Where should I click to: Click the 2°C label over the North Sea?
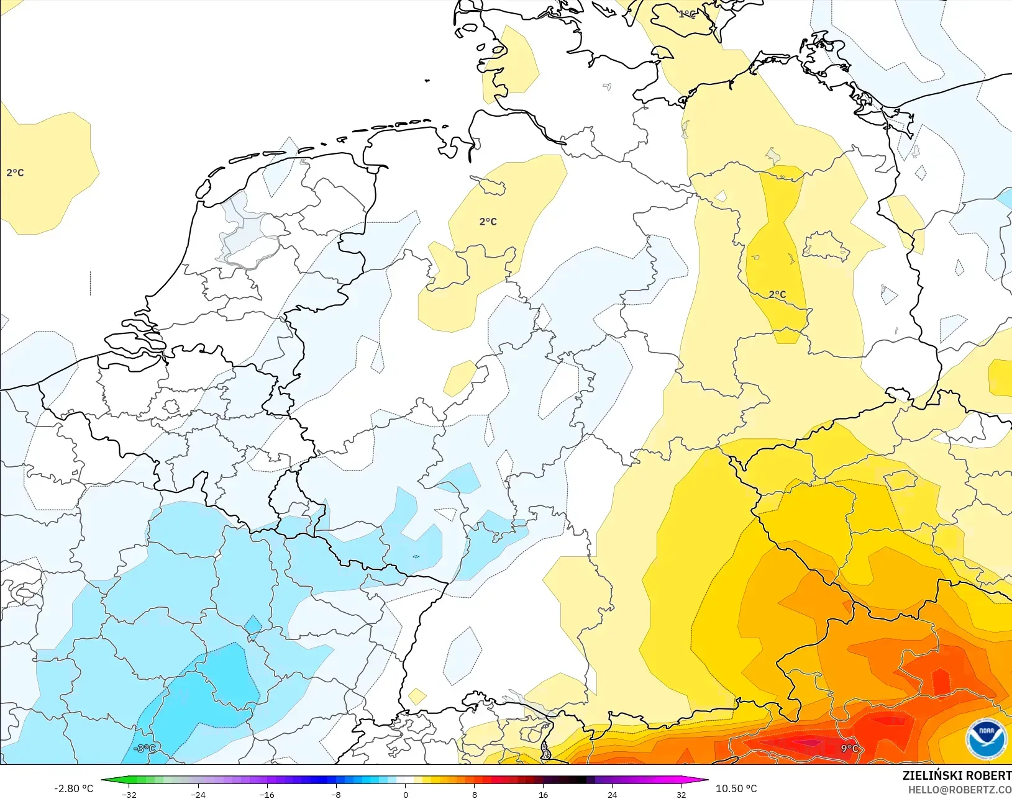15,173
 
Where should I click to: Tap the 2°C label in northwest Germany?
488,221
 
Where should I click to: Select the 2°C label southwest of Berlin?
777,294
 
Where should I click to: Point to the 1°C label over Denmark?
687,14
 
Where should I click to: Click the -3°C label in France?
144,748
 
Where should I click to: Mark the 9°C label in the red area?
849,748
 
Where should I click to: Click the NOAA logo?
986,739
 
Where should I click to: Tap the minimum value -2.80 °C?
73,788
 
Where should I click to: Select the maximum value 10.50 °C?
736,788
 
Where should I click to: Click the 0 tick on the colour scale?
405,795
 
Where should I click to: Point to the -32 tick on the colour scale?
129,795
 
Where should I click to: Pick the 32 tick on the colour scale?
681,795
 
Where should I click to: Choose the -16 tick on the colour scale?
267,795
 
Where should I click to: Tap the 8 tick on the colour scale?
474,795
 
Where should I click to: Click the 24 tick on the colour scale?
612,795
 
